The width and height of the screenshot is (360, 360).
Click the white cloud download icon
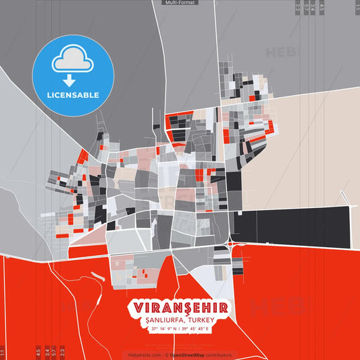[x=74, y=63]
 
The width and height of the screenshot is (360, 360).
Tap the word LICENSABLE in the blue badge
[x=74, y=95]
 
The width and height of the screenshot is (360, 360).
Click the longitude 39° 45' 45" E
[x=195, y=328]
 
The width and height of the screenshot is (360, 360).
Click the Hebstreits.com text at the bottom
[x=142, y=355]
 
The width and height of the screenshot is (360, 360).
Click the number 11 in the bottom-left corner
[x=3, y=352]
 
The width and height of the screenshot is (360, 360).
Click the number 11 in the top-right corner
[x=357, y=7]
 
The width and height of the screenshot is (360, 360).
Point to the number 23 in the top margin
[x=298, y=7]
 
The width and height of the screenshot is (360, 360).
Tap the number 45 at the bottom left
[x=38, y=352]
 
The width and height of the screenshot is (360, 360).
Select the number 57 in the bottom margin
[x=55, y=352]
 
